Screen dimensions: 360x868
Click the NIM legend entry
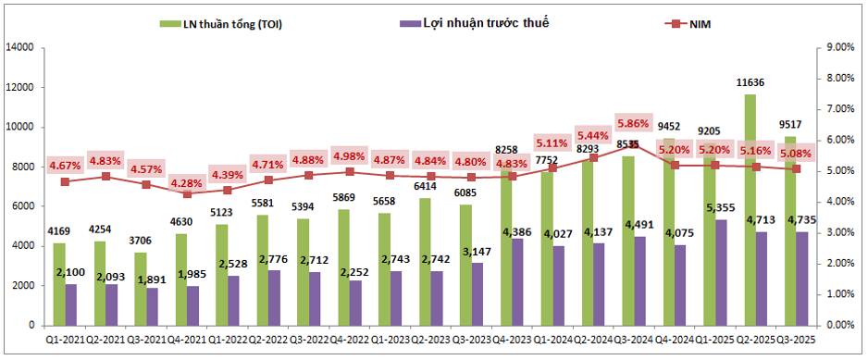(x=695, y=24)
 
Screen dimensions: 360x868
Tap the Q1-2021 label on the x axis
(x=66, y=341)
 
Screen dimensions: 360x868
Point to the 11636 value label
(x=751, y=82)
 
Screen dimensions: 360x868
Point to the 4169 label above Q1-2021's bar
(x=59, y=233)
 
